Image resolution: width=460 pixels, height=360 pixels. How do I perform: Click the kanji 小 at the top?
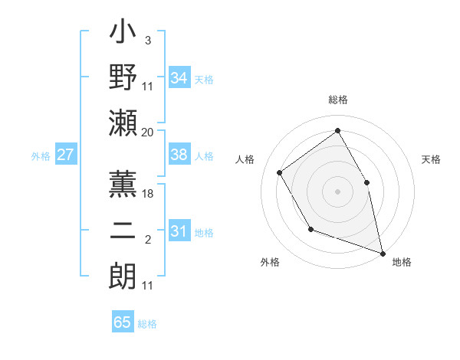[123, 35]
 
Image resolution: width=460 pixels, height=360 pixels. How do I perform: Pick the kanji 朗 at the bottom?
[123, 275]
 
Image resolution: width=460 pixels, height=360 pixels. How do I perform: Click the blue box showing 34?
[179, 77]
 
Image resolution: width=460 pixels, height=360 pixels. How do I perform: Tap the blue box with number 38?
[179, 155]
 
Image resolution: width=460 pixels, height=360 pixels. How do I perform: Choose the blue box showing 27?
[66, 155]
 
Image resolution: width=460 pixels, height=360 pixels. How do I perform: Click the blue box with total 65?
[123, 322]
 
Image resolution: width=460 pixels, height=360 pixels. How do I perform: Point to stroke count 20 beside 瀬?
[148, 132]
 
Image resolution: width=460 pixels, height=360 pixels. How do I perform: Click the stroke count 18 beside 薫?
[148, 194]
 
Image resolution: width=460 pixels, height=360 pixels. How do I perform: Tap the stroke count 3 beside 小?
[147, 39]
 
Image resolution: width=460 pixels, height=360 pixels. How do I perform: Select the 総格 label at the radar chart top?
[338, 100]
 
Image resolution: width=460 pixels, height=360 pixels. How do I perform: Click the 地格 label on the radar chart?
[402, 263]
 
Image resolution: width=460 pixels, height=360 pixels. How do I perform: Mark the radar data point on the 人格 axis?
[280, 172]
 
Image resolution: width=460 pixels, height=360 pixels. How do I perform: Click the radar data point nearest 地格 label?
[383, 252]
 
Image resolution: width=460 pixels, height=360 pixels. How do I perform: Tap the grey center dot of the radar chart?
[337, 191]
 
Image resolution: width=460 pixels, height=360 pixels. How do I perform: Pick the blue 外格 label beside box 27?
[41, 155]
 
